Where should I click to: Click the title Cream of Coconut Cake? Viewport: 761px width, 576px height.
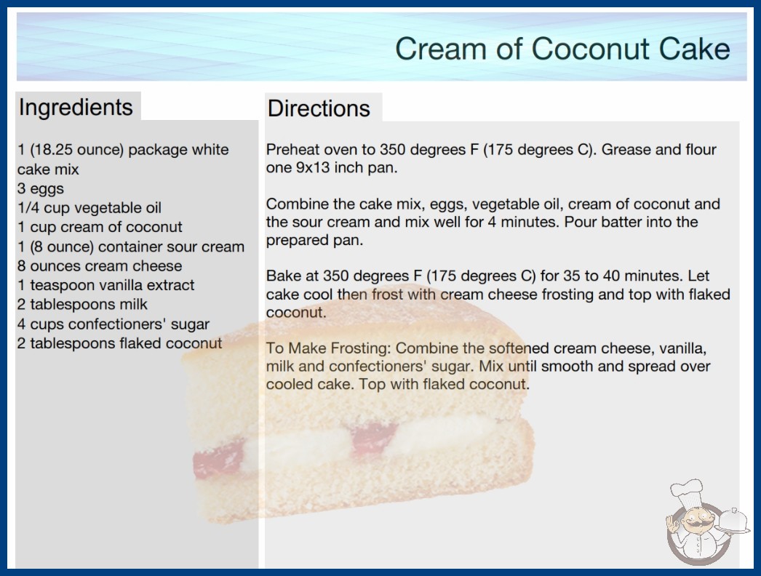[562, 49]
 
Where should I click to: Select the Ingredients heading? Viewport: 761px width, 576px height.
[76, 107]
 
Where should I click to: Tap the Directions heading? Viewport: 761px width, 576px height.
[319, 108]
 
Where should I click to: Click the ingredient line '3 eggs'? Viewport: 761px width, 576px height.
[41, 189]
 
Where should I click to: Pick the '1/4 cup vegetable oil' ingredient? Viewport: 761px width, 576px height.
[89, 208]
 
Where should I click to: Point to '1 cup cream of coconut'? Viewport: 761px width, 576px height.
[100, 227]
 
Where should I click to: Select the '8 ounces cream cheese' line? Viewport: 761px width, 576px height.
[100, 266]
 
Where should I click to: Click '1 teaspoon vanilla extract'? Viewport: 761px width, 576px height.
[105, 285]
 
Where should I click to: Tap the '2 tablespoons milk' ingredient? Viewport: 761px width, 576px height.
[82, 304]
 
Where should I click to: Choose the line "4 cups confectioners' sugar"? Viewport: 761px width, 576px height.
[113, 324]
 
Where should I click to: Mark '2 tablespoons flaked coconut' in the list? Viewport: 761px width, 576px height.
[120, 343]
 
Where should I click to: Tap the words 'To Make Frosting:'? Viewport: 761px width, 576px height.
[329, 348]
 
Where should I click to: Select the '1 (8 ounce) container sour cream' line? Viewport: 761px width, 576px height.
[131, 247]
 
